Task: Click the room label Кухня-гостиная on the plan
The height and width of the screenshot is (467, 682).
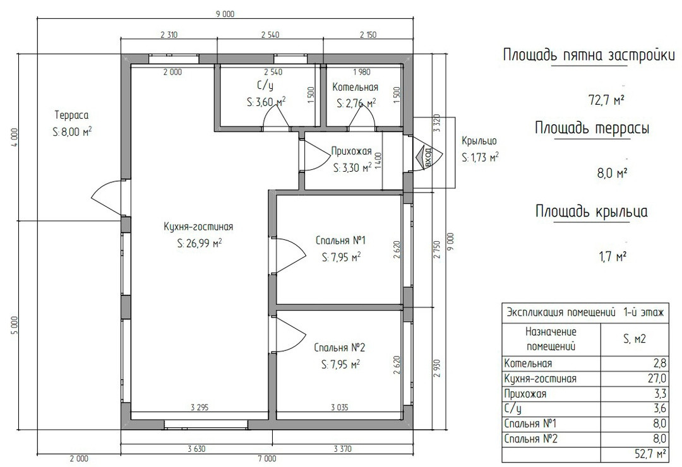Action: click(x=198, y=227)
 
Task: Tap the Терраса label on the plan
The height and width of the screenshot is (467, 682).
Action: click(x=72, y=115)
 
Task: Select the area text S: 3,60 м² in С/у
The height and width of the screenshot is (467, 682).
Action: click(x=266, y=102)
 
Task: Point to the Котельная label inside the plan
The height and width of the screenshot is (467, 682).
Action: click(x=356, y=87)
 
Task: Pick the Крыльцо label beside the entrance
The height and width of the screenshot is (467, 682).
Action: click(x=479, y=141)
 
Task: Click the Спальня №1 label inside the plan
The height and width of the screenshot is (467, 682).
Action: click(x=340, y=240)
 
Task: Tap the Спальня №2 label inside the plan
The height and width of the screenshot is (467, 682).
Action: click(x=340, y=348)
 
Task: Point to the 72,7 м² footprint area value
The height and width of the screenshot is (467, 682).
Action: click(x=606, y=100)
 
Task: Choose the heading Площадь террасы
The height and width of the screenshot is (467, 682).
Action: click(x=592, y=128)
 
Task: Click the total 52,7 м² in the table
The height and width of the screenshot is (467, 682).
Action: click(x=650, y=454)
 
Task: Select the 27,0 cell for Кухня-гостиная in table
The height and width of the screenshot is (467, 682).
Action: click(x=657, y=378)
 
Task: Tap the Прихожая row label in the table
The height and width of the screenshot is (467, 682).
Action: click(x=525, y=394)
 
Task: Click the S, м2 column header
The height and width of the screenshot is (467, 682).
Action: click(x=635, y=339)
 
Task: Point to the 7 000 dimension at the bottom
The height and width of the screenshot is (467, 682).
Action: click(x=266, y=458)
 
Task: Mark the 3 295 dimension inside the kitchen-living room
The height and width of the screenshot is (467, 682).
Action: click(x=200, y=408)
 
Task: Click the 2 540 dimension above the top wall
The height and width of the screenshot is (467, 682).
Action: click(x=270, y=35)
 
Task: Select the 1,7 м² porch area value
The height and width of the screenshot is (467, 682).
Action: click(x=613, y=257)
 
